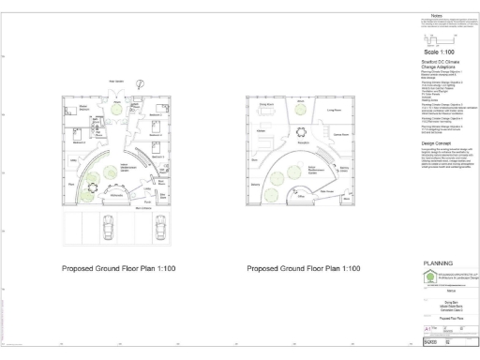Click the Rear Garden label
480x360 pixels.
[117, 82]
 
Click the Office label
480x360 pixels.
[302, 198]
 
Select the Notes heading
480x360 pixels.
[436, 15]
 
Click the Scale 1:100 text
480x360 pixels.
[436, 52]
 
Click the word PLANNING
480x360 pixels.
[438, 263]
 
